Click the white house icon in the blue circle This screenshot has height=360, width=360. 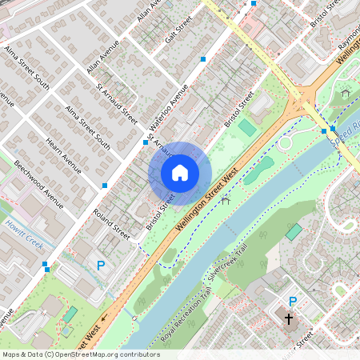pyautogui.click(x=180, y=172)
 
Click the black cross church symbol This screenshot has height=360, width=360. pyautogui.click(x=290, y=319)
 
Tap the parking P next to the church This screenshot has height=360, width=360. pyautogui.click(x=293, y=302)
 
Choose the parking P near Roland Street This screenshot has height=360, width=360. pyautogui.click(x=100, y=265)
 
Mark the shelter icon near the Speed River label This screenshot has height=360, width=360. pyautogui.click(x=346, y=94)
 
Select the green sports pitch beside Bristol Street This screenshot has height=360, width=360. pyautogui.click(x=248, y=127)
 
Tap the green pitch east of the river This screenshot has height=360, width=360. pyautogui.click(x=294, y=232)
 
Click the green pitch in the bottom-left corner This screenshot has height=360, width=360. pyautogui.click(x=70, y=314)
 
